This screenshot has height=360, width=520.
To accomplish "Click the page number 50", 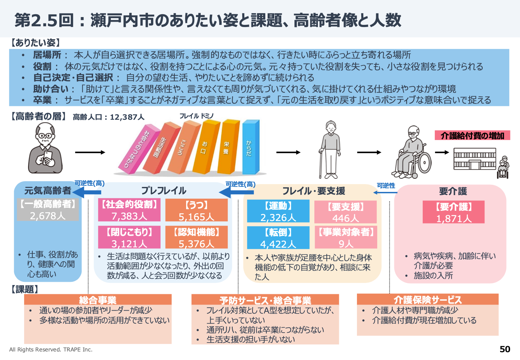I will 505,349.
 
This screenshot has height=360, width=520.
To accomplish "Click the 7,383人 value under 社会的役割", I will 129,216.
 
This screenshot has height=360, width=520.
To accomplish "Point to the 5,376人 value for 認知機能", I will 196,244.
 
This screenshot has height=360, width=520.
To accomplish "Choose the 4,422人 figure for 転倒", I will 278,244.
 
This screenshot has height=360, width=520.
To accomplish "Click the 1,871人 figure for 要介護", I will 454,219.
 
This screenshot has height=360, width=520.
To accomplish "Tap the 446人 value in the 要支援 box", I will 345,218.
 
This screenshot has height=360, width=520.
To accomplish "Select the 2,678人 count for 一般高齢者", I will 48,216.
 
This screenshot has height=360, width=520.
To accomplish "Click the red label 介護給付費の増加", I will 472,135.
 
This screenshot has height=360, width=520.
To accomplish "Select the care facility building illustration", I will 475,159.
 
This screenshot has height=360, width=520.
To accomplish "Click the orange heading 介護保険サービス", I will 428,300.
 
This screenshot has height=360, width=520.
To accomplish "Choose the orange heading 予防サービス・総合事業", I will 265,300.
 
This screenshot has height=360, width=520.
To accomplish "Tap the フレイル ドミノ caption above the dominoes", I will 196,116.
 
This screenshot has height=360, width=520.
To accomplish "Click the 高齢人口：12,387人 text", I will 109,117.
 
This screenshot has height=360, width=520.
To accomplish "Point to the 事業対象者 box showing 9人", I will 346,237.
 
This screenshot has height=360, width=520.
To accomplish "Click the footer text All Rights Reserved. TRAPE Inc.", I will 51,350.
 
